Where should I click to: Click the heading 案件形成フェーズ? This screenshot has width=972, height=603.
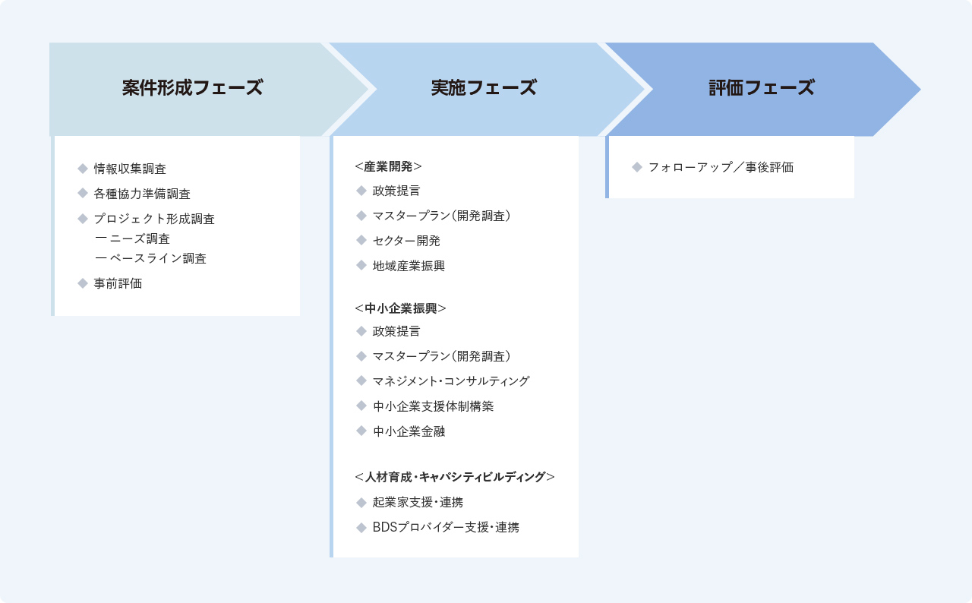pos(192,87)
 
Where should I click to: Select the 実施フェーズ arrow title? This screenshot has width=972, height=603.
pos(484,87)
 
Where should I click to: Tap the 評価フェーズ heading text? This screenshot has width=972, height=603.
pos(762,87)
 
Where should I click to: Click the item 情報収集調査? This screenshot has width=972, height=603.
pos(130,169)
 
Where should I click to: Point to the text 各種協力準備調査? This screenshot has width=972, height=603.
pos(142,194)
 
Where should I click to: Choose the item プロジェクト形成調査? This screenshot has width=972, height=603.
pos(154,219)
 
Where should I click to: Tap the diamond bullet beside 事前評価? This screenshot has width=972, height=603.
pos(83,283)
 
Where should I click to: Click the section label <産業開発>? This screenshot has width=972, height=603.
pos(388,166)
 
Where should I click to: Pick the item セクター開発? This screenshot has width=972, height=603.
pos(406,241)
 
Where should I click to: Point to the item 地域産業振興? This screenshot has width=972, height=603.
pos(409,266)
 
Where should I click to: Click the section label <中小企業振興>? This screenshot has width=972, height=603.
pos(400,308)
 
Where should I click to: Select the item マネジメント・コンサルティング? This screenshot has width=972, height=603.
pos(451,381)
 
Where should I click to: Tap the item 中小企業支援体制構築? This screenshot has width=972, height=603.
pos(433,406)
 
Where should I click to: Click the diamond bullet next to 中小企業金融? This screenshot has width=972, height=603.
pos(361,431)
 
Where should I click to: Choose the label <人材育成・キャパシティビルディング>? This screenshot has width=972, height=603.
pos(455,477)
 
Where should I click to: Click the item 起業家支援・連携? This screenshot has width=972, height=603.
pos(418,502)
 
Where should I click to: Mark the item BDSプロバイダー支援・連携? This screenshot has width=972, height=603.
pos(446,527)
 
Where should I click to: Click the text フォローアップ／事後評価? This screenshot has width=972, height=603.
pos(721,167)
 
